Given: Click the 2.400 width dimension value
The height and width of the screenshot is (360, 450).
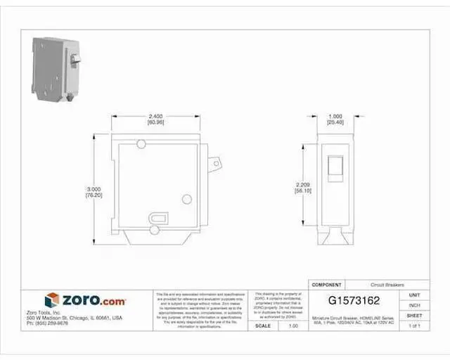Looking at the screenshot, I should point(155,116).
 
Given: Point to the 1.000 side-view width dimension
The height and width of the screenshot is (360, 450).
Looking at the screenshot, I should point(335,116).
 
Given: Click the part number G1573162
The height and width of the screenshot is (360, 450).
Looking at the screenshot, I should point(356,301).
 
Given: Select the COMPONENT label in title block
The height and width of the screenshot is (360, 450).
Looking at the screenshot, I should point(326,285).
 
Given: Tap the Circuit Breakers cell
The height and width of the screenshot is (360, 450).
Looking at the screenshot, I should point(387,285).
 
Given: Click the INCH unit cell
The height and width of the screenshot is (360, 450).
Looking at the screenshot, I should point(415,305).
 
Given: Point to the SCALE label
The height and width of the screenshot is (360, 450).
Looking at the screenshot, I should point(264,326).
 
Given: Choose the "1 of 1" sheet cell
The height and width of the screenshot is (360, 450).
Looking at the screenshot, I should point(415,326).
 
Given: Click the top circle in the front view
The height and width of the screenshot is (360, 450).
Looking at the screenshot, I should point(141,144).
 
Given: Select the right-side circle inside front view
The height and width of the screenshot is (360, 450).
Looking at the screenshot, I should point(187,200).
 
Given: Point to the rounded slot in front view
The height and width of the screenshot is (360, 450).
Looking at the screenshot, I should point(159,218).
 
